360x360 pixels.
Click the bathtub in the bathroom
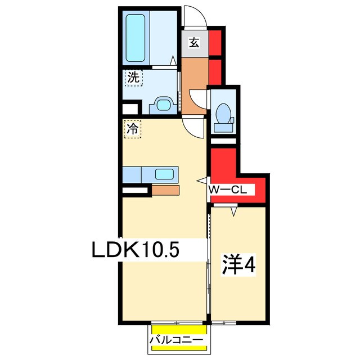[x=136, y=38]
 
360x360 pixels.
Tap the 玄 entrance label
[x=193, y=43]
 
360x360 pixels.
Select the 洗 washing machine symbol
[x=133, y=78]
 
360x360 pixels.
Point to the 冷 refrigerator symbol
[x=132, y=129]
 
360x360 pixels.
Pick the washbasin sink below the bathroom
[x=163, y=105]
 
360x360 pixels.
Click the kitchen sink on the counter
[x=165, y=174]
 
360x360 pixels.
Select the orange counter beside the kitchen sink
[x=165, y=190]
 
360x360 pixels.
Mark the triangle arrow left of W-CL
[x=201, y=180]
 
